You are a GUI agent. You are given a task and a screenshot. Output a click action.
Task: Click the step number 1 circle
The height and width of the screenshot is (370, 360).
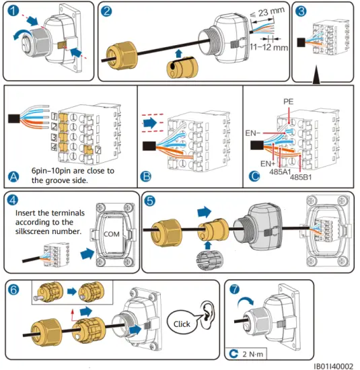pos(13,11)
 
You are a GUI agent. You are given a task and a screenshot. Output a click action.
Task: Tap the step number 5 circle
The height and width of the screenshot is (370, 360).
pos(150,200)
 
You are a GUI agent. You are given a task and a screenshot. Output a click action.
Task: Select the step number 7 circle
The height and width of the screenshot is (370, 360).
pos(234,289)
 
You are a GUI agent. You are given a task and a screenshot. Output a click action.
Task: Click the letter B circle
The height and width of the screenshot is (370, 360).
pos(146,176)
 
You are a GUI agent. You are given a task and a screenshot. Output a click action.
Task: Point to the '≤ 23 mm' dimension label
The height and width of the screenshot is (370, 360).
pos(267,12)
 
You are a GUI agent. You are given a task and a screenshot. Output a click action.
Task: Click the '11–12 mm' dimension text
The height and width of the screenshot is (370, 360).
pos(269,47)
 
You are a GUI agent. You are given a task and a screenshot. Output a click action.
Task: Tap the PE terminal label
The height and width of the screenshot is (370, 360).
pos(288,102)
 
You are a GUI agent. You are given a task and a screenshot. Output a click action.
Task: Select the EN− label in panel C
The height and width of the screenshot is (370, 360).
pos(252,133)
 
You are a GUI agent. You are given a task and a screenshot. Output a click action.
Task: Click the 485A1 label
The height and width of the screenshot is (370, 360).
pos(280,172)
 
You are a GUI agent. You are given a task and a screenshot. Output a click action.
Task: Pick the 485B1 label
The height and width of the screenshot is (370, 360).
pos(301,177)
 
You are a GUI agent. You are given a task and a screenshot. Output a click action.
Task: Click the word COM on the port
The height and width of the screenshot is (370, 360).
pos(112,234)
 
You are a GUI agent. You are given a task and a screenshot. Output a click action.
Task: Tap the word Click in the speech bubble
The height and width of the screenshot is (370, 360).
pos(182,324)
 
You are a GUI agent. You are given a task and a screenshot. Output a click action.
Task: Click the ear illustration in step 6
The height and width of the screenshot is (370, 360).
pos(207,315)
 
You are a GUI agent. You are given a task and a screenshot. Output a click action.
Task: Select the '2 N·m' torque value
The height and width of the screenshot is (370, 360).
pos(252,354)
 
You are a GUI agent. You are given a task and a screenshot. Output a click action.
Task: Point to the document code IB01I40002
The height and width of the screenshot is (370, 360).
pos(333,366)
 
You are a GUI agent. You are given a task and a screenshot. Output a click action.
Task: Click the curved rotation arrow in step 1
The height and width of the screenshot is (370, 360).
pos(22,33)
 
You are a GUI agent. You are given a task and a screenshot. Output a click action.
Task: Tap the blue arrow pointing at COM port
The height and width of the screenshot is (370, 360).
pos(87,254)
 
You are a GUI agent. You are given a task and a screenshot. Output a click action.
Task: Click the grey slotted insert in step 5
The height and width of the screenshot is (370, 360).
pos(208,260)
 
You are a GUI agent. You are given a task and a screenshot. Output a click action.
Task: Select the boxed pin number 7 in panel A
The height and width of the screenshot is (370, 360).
pos(98,150)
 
